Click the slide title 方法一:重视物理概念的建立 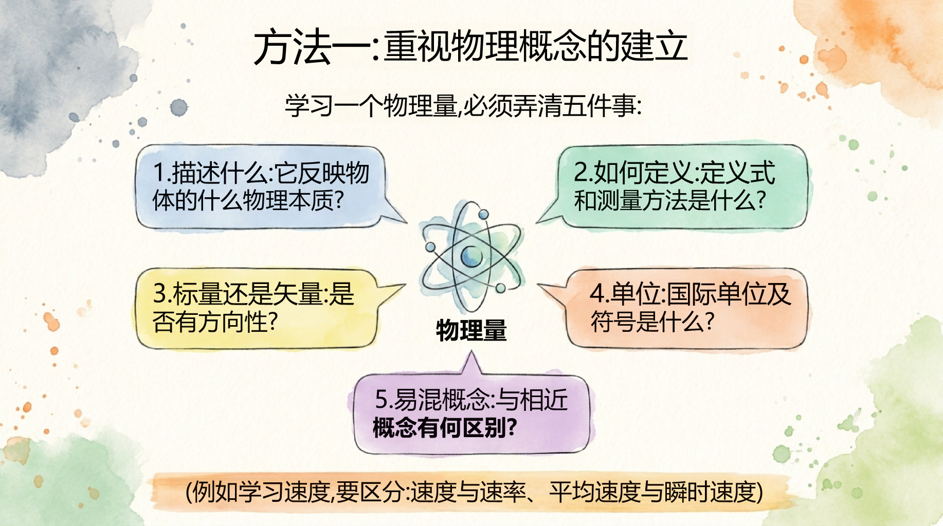tap(471, 47)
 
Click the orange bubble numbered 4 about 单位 tap(679, 308)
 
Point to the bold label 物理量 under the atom tap(472, 330)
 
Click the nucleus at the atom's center tap(471, 255)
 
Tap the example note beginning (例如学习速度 tap(474, 492)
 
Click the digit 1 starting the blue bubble tap(159, 173)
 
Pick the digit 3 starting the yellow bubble tap(160, 294)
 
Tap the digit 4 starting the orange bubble tap(597, 294)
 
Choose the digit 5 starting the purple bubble tap(382, 399)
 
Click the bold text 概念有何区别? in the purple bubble tap(445, 427)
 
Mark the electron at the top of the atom tap(483, 214)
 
